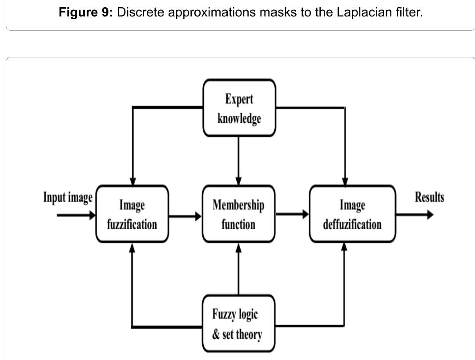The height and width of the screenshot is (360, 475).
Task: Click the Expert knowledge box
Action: (x=239, y=108)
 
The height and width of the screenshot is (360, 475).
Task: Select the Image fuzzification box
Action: (x=132, y=214)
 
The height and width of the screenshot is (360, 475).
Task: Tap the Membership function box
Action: (x=239, y=214)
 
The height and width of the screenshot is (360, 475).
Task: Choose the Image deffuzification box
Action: (x=352, y=214)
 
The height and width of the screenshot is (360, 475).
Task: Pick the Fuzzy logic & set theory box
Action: (x=239, y=324)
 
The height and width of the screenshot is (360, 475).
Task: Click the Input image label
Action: (x=68, y=197)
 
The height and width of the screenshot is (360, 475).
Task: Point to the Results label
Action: (x=429, y=197)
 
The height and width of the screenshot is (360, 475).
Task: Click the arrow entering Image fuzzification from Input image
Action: (x=76, y=215)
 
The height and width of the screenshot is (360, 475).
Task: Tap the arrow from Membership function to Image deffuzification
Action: (x=292, y=214)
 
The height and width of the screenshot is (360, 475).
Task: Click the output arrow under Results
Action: (x=415, y=215)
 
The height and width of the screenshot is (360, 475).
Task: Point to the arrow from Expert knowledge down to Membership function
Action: (x=238, y=161)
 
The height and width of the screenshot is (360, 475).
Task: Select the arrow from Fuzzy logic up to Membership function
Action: (x=239, y=269)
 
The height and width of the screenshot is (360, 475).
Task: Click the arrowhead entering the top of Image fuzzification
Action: (x=133, y=181)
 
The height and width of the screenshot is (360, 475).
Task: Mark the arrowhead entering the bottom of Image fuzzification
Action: (x=132, y=247)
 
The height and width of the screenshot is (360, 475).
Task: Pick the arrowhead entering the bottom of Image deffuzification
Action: (x=344, y=247)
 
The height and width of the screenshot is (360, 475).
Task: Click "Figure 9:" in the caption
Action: (x=86, y=12)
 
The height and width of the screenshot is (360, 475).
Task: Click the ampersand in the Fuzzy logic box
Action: (x=216, y=334)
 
